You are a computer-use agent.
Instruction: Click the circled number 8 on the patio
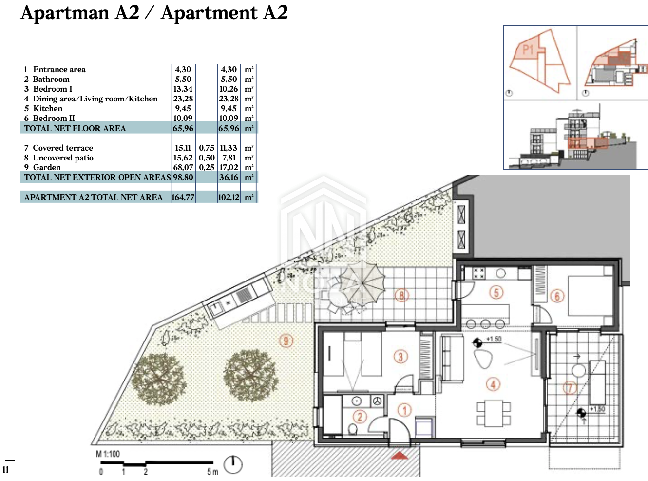pos(401,296)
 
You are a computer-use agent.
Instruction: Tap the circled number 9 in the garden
pos(286,341)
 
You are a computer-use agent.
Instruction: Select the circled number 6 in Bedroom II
pos(557,297)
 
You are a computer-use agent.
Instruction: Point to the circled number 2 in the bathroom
pos(360,417)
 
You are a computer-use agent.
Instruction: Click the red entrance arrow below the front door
pos(400,455)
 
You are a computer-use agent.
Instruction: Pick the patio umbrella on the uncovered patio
pos(362,283)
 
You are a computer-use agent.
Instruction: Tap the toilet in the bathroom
pos(353,430)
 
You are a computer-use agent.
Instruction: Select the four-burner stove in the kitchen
pos(479,274)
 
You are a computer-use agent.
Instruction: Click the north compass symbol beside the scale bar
pos(233,465)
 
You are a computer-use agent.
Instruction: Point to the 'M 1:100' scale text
pos(108,454)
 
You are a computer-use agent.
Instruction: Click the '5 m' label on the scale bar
pos(212,472)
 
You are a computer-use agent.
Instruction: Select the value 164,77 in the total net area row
pos(183,197)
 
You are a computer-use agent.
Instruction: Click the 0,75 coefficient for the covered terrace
pos(207,148)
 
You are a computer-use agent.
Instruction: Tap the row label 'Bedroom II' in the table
pos(54,118)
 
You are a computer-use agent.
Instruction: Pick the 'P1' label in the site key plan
pos(528,50)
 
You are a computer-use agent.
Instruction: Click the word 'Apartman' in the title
pos(65,13)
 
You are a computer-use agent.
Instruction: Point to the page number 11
pos(5,470)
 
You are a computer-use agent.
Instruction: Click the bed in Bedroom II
pos(590,295)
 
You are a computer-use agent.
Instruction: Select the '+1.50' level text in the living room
pos(494,339)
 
